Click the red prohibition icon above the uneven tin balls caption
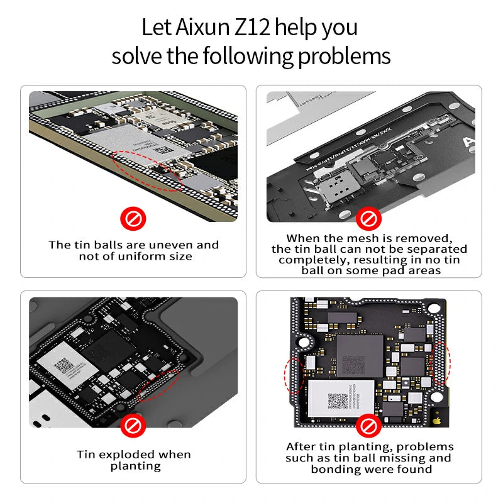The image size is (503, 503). [133, 219]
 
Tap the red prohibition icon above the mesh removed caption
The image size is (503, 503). [368, 219]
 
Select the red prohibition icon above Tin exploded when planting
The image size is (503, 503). [133, 427]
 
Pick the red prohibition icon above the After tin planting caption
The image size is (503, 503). [368, 427]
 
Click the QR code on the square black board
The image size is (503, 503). [338, 400]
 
